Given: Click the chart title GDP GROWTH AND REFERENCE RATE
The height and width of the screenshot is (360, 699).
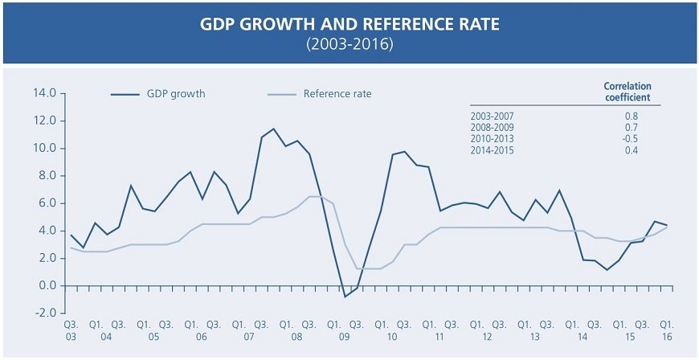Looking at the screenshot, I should point(349,25).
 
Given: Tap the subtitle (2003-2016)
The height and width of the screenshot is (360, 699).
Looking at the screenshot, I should point(349,44).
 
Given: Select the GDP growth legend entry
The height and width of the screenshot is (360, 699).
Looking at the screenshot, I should point(174,94).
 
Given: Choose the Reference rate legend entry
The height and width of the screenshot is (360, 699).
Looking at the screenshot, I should point(337,94).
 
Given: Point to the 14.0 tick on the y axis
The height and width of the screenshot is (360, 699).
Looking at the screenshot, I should point(44,93).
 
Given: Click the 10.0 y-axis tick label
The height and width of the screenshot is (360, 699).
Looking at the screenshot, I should point(44,148).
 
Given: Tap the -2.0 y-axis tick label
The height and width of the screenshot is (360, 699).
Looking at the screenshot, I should point(44,313).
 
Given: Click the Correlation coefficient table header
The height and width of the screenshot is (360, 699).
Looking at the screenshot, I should point(627,92).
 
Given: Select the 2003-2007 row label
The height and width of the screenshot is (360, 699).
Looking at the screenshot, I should point(492,116).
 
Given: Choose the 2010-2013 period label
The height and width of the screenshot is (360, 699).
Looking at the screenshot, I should point(492,138).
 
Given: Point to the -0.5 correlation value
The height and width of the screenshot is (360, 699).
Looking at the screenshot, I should point(630,138).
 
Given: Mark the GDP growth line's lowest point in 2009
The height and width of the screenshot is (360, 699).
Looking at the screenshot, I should point(345,297).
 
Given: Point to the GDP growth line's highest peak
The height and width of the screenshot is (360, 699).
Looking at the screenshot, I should point(274,129).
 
